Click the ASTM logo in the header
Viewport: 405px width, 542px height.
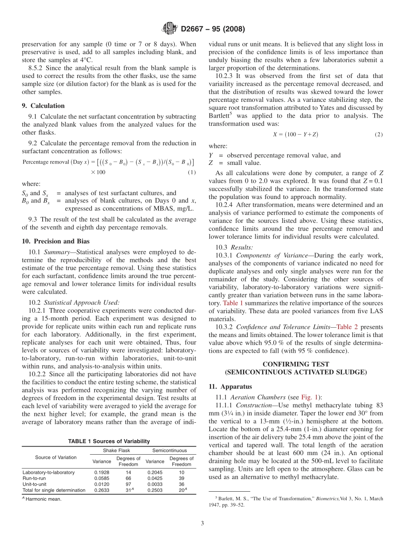click(170, 29)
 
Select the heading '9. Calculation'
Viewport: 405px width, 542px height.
click(43, 106)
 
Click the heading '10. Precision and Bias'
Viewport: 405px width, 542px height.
click(55, 241)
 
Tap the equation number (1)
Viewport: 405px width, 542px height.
click(192, 172)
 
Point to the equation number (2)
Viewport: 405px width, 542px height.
click(379, 134)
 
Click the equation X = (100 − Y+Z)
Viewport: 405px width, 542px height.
click(295, 134)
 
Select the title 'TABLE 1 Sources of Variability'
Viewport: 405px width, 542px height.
click(109, 441)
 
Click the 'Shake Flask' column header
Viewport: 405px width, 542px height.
click(116, 450)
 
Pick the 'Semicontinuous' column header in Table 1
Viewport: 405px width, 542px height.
click(169, 450)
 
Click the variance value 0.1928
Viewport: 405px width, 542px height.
click(101, 472)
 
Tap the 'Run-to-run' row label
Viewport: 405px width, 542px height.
click(34, 478)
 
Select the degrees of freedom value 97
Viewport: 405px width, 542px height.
click(128, 484)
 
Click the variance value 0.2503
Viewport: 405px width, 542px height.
click(154, 490)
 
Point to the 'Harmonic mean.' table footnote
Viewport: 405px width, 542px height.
click(43, 499)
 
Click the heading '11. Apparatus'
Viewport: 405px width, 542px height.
click(230, 386)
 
